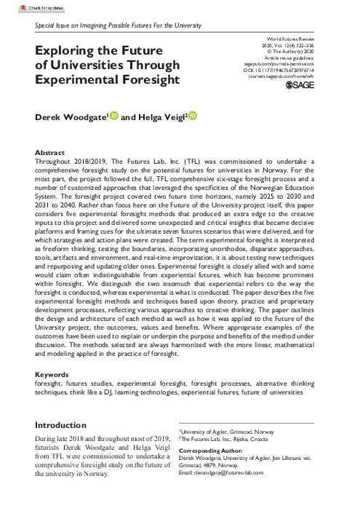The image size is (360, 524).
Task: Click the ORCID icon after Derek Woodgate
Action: pos(113,116)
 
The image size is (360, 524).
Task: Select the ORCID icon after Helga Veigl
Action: pos(193,116)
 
